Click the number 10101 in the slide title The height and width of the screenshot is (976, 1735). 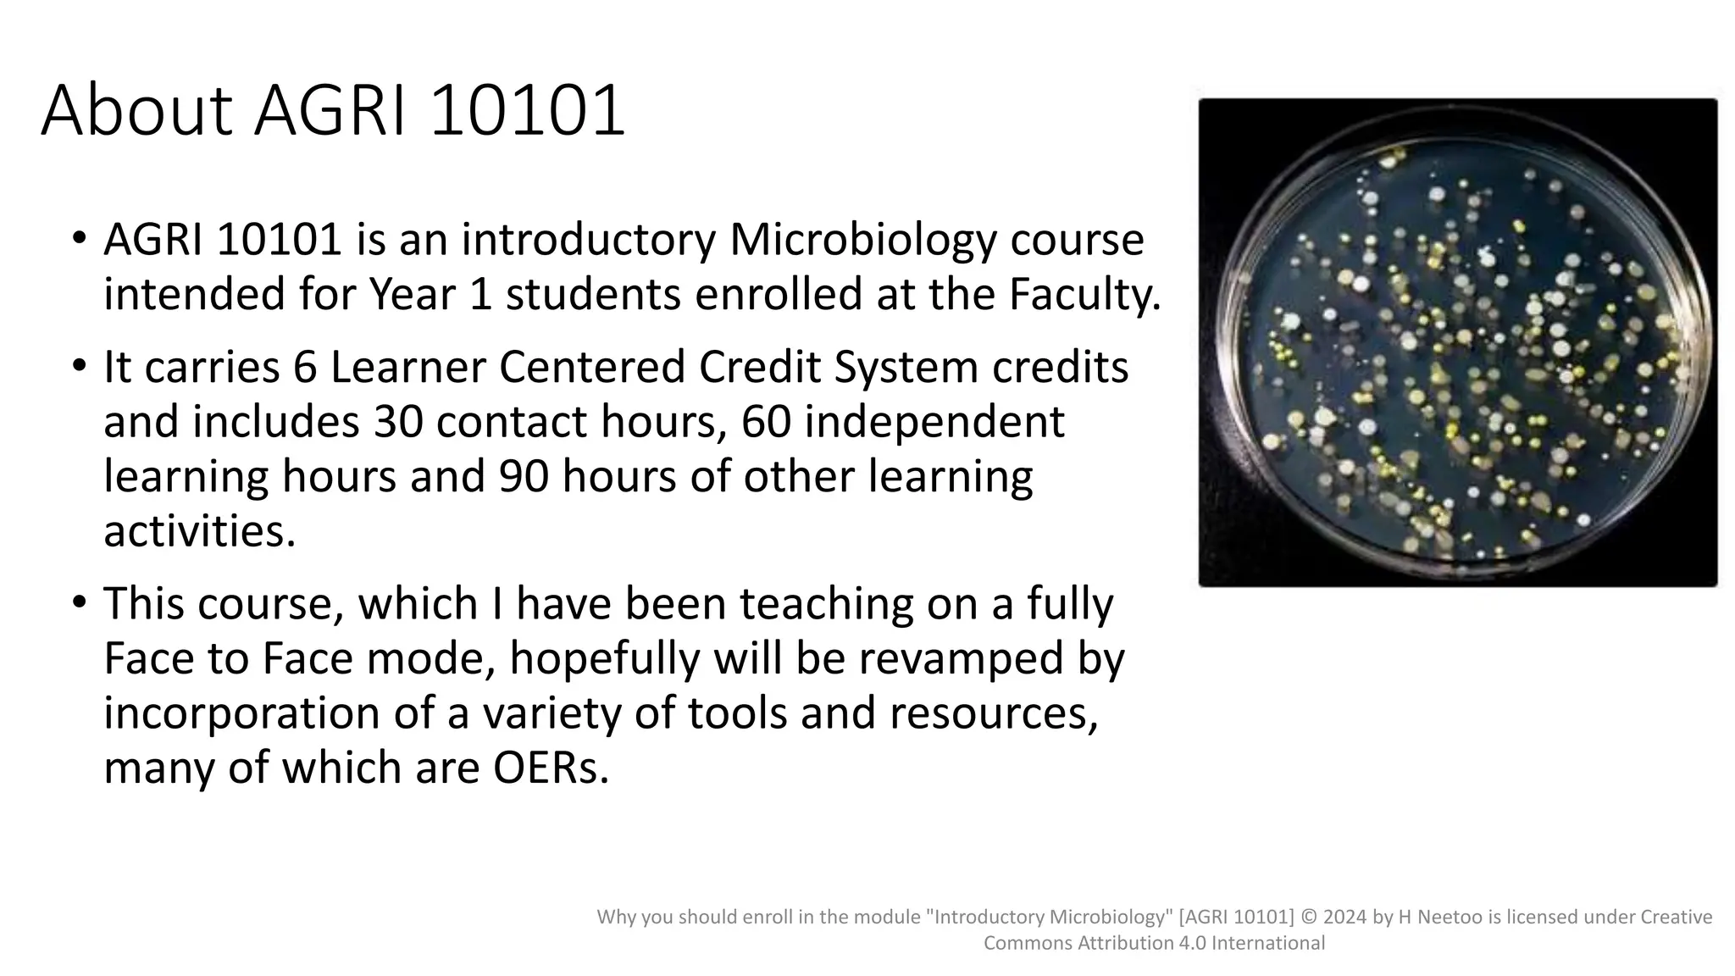(527, 110)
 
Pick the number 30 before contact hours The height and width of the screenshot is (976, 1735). (398, 421)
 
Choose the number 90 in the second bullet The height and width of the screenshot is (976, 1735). (524, 476)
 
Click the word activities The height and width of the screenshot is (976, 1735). (199, 531)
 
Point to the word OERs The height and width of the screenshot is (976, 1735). (551, 768)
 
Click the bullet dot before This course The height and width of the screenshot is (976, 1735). (79, 603)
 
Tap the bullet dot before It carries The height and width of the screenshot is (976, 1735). (79, 367)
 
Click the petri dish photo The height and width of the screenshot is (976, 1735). (1457, 342)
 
